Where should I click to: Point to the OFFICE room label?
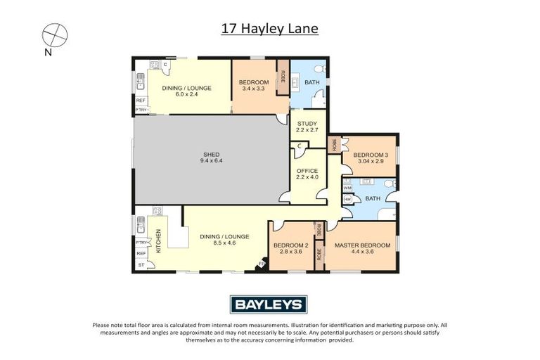pos(307,171)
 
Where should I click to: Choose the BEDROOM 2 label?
pos(291,245)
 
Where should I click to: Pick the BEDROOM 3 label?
pos(371,155)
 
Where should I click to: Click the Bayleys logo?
pos(269,304)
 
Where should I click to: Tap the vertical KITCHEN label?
pos(159,241)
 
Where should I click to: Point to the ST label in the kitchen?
pos(141,265)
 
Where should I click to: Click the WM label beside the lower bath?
pos(347,188)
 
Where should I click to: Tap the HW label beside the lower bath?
pos(347,199)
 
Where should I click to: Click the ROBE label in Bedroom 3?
pos(335,146)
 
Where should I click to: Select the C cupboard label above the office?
pos(299,146)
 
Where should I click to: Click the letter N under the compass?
pos(48,52)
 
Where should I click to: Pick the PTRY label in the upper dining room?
pos(141,110)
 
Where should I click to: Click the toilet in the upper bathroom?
pos(319,69)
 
